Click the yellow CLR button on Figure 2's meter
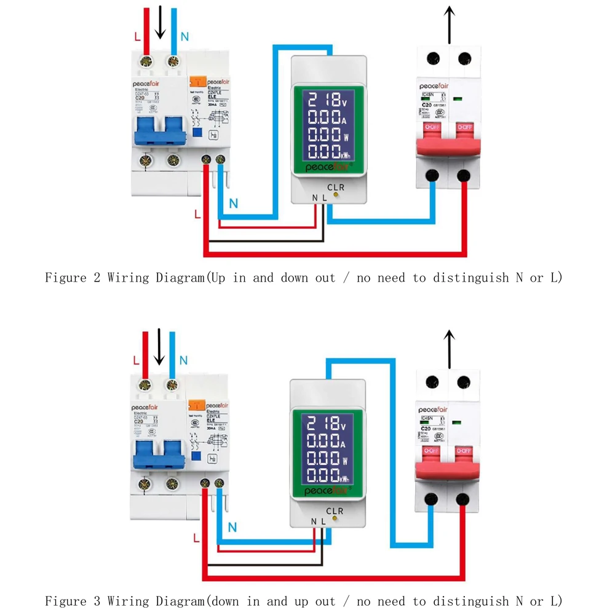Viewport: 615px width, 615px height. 336,196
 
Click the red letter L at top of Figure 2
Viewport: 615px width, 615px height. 137,36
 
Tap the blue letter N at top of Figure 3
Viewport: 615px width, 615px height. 183,360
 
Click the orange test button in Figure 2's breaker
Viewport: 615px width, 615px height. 197,81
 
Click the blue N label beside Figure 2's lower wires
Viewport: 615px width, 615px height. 233,204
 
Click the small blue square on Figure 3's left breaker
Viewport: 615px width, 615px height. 197,456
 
